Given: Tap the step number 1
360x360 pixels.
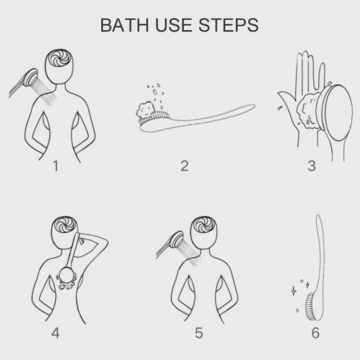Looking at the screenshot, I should [56, 166].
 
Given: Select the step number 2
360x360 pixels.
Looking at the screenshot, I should [184, 166].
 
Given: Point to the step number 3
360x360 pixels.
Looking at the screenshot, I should [312, 166].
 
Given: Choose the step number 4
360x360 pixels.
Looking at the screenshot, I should [56, 333].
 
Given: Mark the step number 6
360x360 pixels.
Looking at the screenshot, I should [315, 333].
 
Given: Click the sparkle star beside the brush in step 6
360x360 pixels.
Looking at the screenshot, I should [293, 290].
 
